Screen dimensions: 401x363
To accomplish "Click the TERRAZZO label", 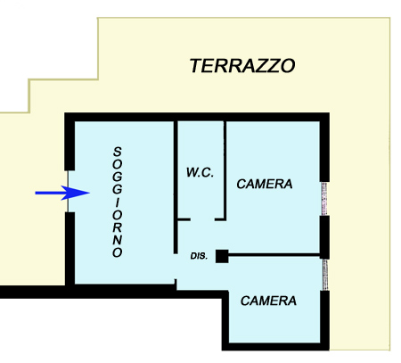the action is pos(242,66).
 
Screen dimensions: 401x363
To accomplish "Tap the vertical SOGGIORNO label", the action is pos(118,202).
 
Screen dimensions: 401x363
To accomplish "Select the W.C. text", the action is pos(200,172).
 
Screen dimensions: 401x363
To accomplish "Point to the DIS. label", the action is pos(199,256).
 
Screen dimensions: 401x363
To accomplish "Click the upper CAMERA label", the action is pos(265,184).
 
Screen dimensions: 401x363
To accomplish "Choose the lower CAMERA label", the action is pos(268,301).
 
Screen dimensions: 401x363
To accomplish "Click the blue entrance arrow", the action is pos(62,193).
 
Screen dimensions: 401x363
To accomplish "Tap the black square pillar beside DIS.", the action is pos(222,256).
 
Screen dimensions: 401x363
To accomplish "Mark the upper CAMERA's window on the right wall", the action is pos(324,199).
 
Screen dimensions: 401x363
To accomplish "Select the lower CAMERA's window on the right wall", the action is pos(325,275).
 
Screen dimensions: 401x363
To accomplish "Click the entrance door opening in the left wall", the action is pos(68,191).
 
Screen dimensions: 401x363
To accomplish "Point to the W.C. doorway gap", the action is pos(202,219).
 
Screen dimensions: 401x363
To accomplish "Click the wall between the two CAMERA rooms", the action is pos(274,255).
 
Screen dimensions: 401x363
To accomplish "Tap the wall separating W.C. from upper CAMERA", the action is pos(225,170).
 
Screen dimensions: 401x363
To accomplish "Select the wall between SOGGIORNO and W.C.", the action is pos(176,187).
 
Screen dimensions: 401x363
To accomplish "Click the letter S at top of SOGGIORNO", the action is pos(118,152).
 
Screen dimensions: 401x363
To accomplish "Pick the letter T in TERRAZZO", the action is pos(197,66).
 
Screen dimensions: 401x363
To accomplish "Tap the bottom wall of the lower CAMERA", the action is pos(275,346).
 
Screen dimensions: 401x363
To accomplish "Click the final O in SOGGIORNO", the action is pos(118,252).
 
